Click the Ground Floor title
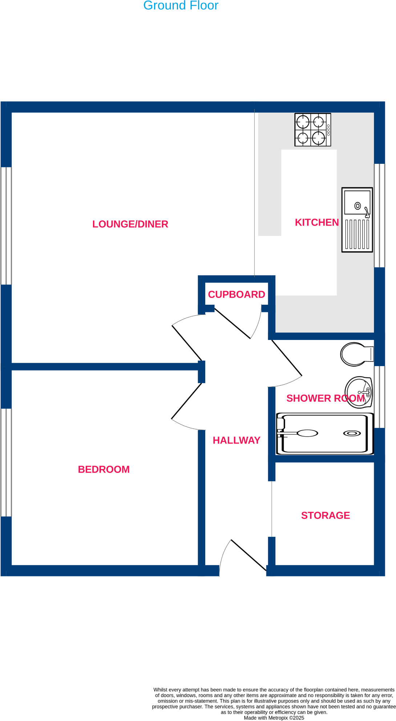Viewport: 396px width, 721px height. tap(181, 5)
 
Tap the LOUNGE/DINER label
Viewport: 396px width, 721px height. tap(130, 224)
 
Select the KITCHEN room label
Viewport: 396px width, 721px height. tap(316, 222)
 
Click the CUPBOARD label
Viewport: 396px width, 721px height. tap(236, 294)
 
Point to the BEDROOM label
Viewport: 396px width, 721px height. tap(104, 469)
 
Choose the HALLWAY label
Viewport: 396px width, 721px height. tap(237, 440)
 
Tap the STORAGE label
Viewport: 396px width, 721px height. tap(325, 515)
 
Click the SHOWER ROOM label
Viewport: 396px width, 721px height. tap(325, 398)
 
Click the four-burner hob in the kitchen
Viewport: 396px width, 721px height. tap(312, 130)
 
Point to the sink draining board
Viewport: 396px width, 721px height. tap(357, 234)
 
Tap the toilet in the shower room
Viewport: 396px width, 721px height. tap(356, 354)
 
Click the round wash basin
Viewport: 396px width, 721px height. tap(359, 392)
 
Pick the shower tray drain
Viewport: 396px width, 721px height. tap(352, 433)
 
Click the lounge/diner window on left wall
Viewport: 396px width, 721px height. tap(6, 226)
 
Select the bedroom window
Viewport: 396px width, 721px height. tap(6, 462)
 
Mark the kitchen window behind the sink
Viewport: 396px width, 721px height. tap(379, 215)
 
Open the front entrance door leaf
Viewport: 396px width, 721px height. tap(248, 555)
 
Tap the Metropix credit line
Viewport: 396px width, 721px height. tap(274, 718)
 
